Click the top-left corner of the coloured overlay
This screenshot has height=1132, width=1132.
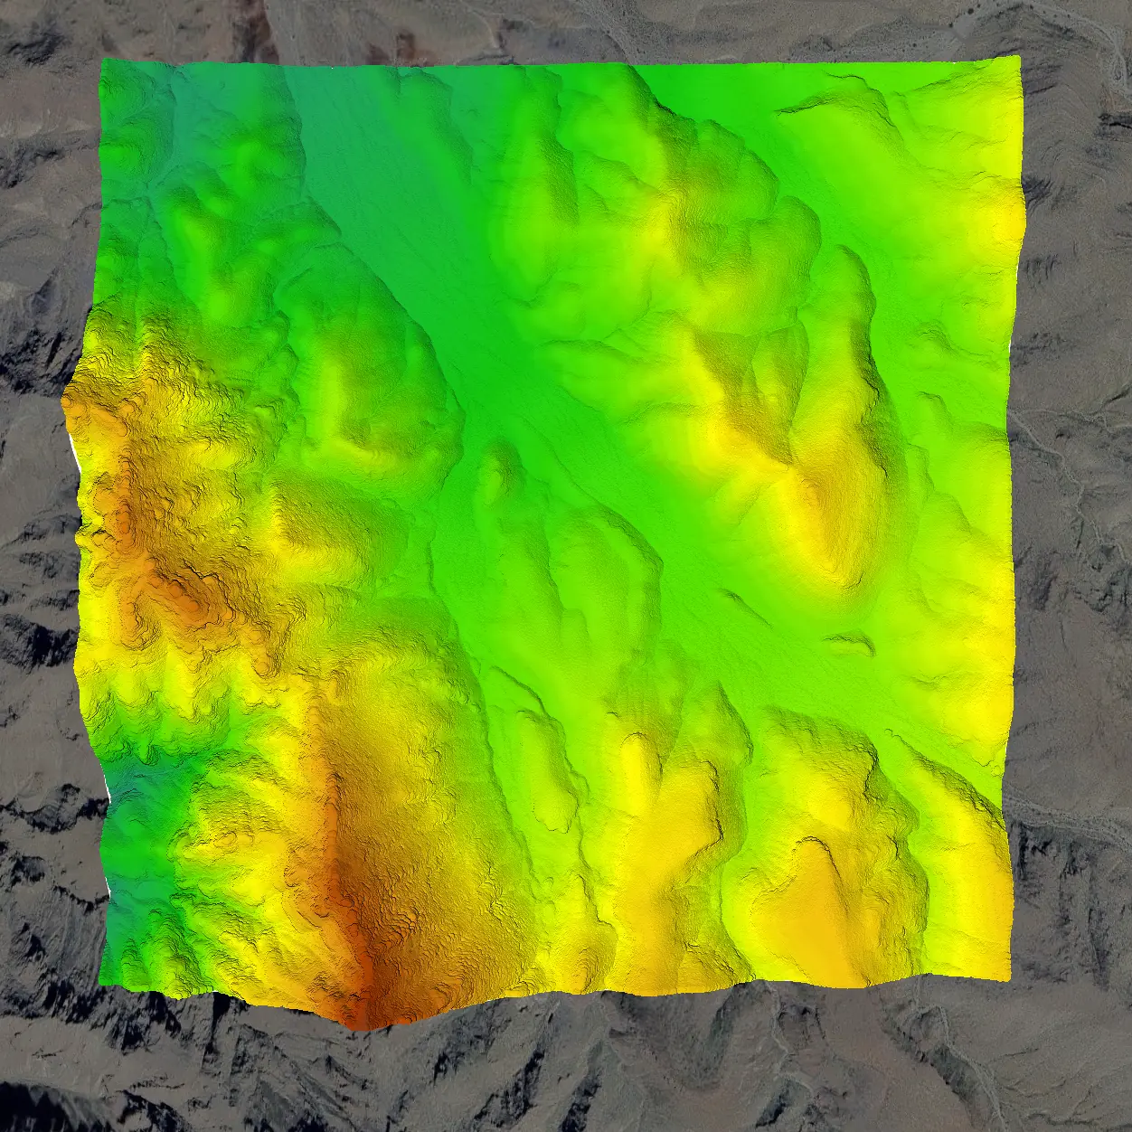[102, 61]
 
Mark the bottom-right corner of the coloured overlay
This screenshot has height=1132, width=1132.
[1008, 977]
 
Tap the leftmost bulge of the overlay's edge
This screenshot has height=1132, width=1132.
[65, 407]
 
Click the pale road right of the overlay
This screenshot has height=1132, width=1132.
[1067, 814]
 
